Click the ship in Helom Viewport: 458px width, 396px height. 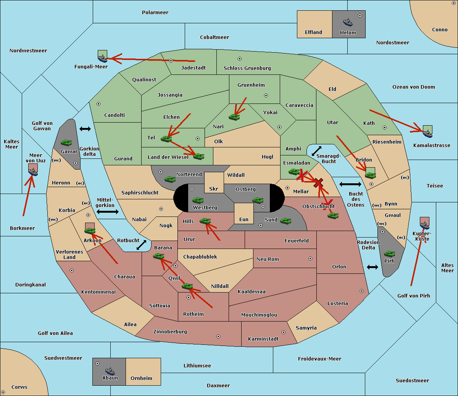coord(348,22)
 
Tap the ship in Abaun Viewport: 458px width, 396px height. coord(110,371)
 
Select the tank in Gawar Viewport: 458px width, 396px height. coord(66,142)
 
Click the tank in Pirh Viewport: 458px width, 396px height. coord(389,254)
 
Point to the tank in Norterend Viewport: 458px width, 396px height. coord(170,179)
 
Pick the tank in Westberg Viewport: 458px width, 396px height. coord(198,200)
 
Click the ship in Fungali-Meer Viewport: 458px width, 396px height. coord(102,58)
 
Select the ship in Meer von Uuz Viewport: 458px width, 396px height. coord(33,171)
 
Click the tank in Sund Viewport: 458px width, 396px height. coord(285,221)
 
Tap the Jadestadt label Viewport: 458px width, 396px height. coord(194,68)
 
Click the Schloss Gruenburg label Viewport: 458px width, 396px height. coord(247,68)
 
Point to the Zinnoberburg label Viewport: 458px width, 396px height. coord(170,332)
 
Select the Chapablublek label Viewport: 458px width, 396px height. coord(200,257)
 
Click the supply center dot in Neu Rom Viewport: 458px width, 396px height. coord(310,259)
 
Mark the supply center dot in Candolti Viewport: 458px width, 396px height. coord(98,104)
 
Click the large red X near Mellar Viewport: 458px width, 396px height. coord(318,183)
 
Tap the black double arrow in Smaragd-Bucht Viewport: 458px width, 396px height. coord(316,151)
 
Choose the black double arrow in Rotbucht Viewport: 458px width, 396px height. coord(141,245)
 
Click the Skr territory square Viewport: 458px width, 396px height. coord(214,183)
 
